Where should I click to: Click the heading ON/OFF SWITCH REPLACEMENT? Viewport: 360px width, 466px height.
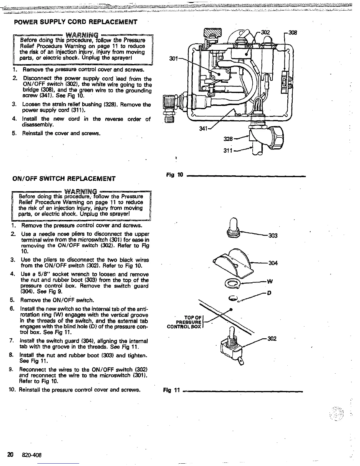coord(64,178)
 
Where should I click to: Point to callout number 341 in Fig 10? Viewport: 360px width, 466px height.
coord(204,129)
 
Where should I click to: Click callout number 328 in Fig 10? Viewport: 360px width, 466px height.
coord(229,139)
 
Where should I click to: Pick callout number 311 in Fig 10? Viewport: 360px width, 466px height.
coord(229,151)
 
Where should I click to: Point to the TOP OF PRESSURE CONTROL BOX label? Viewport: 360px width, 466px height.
coord(184,322)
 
